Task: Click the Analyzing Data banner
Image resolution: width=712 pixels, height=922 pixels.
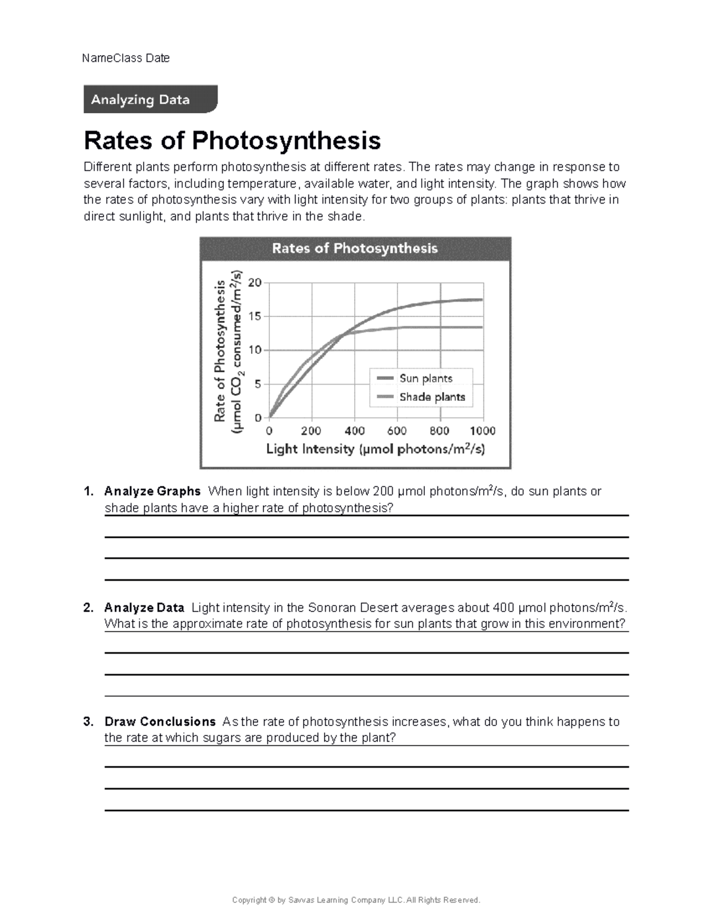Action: (150, 99)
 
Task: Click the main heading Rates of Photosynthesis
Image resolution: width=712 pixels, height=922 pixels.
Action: (232, 141)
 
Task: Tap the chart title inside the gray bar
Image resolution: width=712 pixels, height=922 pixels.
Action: (355, 248)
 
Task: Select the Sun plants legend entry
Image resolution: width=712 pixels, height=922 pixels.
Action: (425, 379)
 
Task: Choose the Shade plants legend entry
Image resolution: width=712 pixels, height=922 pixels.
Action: (431, 397)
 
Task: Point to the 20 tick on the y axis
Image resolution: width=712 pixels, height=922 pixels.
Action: (255, 283)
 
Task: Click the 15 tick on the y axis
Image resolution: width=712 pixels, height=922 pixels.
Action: (255, 316)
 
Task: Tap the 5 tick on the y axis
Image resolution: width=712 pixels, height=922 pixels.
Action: (258, 384)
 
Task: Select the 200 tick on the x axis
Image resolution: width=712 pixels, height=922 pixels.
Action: (311, 431)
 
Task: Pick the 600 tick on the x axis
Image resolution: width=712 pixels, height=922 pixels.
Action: (397, 431)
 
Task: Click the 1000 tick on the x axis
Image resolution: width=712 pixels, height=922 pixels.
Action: (482, 431)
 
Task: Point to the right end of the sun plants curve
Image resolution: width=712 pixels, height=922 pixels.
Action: (481, 300)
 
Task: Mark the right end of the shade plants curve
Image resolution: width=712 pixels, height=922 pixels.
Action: (481, 327)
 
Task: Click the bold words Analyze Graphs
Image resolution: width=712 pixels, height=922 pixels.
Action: (152, 492)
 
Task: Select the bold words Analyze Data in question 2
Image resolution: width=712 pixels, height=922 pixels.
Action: (144, 608)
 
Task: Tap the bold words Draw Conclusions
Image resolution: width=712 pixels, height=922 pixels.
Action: (160, 722)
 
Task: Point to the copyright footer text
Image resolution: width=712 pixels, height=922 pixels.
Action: (356, 900)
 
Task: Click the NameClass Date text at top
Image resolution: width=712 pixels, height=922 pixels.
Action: (126, 58)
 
